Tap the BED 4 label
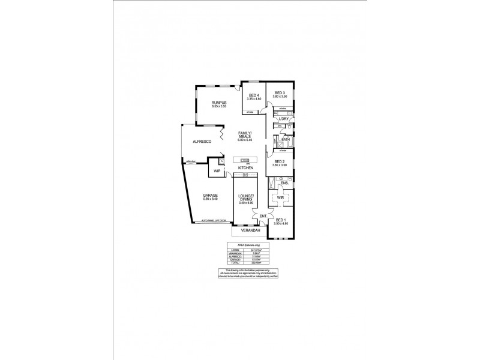click(x=253, y=95)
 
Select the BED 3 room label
click(x=280, y=92)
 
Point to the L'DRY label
click(x=284, y=119)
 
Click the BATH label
click(x=286, y=139)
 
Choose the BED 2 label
click(x=279, y=161)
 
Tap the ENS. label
click(x=284, y=183)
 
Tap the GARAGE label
click(x=209, y=196)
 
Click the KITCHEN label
click(x=245, y=168)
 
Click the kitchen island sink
click(x=245, y=160)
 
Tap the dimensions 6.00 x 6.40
click(x=245, y=140)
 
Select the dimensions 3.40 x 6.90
click(x=246, y=203)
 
